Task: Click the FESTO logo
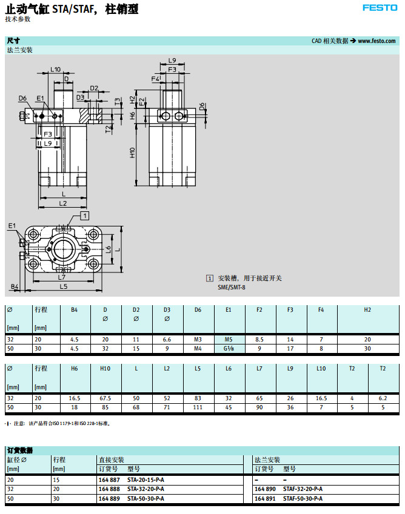[x=380, y=8]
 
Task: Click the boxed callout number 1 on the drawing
[x=85, y=215]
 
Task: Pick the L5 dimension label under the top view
[x=64, y=286]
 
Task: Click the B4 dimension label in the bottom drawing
[x=15, y=286]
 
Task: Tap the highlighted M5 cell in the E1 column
[x=229, y=339]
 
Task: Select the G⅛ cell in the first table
[x=229, y=349]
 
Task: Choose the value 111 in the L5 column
[x=198, y=407]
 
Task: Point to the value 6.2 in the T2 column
[x=382, y=398]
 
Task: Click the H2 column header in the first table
[x=367, y=309]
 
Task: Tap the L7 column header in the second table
[x=259, y=368]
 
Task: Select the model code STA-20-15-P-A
[x=146, y=479]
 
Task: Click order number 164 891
[x=265, y=499]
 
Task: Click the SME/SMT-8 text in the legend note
[x=233, y=288]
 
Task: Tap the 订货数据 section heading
[x=19, y=450]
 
